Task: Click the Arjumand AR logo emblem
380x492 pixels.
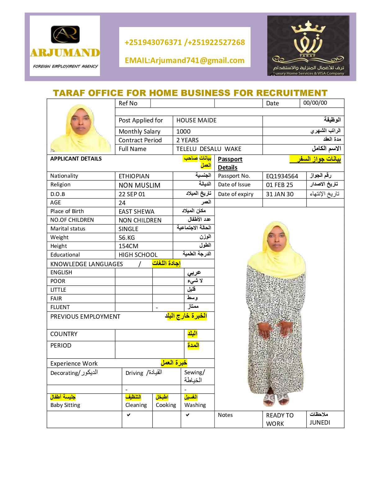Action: pyautogui.click(x=65, y=34)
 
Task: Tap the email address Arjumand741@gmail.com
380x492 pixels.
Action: pyautogui.click(x=185, y=60)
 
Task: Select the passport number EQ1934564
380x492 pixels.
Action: pyautogui.click(x=282, y=176)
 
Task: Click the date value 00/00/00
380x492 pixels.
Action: pyautogui.click(x=315, y=103)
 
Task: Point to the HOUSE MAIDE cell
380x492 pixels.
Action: pyautogui.click(x=197, y=120)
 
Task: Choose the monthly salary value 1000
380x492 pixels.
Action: pyautogui.click(x=183, y=131)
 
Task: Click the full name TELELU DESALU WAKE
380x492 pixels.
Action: pyautogui.click(x=209, y=149)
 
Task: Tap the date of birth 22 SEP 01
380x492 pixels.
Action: pyautogui.click(x=132, y=194)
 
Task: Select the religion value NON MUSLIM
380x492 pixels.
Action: pyautogui.click(x=139, y=185)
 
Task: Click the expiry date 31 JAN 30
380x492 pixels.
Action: pyautogui.click(x=280, y=194)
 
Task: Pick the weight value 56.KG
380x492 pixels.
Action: pyautogui.click(x=127, y=238)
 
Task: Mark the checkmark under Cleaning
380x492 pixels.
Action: pyautogui.click(x=129, y=415)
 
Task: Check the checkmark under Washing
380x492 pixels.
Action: pyautogui.click(x=188, y=415)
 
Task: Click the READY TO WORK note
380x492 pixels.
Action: pyautogui.click(x=279, y=419)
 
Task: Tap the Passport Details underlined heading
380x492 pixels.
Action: pyautogui.click(x=230, y=163)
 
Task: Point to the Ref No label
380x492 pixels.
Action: pyautogui.click(x=128, y=103)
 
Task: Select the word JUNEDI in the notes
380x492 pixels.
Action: pyautogui.click(x=320, y=422)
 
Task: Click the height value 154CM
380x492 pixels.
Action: pyautogui.click(x=128, y=246)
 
